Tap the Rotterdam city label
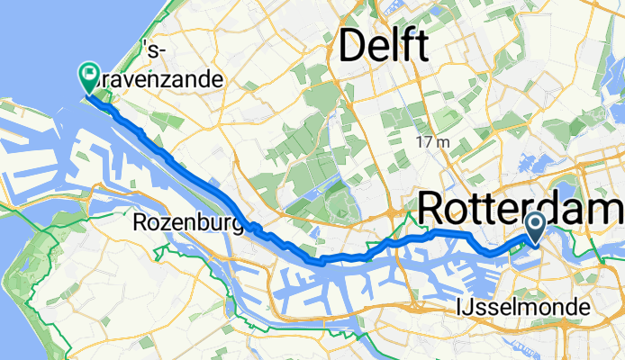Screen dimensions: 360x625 pyautogui.click(x=521, y=209)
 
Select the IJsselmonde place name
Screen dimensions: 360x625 pyautogui.click(x=523, y=308)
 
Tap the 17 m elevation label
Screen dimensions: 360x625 pyautogui.click(x=433, y=142)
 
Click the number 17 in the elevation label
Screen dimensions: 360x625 pyautogui.click(x=425, y=142)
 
